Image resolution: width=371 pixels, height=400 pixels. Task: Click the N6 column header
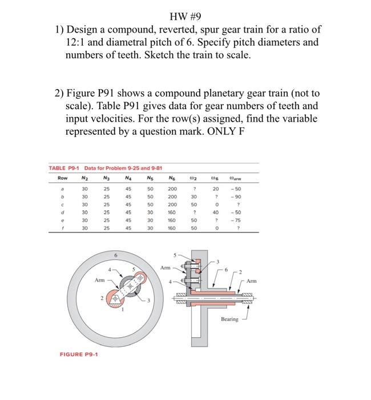coord(171,179)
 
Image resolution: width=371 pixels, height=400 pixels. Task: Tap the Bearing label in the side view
coord(229,319)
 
